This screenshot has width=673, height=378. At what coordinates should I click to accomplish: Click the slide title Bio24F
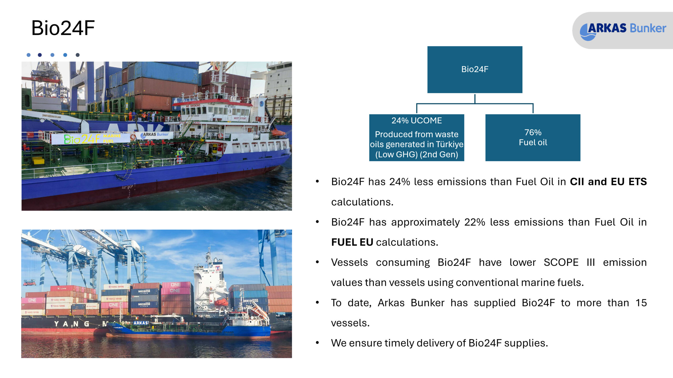[x=63, y=28]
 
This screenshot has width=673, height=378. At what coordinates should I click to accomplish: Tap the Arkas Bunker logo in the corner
[x=623, y=30]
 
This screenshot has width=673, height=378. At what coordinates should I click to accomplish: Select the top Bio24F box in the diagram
[x=475, y=70]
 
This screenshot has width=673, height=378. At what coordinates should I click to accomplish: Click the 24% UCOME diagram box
[x=417, y=138]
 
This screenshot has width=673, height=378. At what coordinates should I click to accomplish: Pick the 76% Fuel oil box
[x=533, y=138]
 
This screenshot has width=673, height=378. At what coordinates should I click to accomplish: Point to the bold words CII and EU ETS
[x=608, y=182]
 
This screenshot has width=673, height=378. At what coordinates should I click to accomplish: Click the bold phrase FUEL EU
[x=352, y=242]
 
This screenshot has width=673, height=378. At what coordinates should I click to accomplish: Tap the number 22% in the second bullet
[x=475, y=222]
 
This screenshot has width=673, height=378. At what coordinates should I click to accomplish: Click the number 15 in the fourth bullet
[x=641, y=303]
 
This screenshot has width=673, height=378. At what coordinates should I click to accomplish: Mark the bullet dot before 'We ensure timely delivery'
[x=318, y=343]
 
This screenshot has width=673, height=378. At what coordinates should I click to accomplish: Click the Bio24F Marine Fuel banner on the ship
[x=91, y=139]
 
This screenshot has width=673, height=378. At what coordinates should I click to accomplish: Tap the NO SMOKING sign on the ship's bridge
[x=193, y=106]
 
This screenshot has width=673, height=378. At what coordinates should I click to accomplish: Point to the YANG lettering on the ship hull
[x=72, y=324]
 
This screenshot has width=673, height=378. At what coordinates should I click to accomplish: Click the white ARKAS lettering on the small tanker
[x=141, y=323]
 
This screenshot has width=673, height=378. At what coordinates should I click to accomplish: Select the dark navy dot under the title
[x=40, y=55]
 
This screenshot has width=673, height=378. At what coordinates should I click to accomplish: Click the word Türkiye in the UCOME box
[x=450, y=144]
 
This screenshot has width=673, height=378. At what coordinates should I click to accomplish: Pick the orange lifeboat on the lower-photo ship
[x=221, y=302]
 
